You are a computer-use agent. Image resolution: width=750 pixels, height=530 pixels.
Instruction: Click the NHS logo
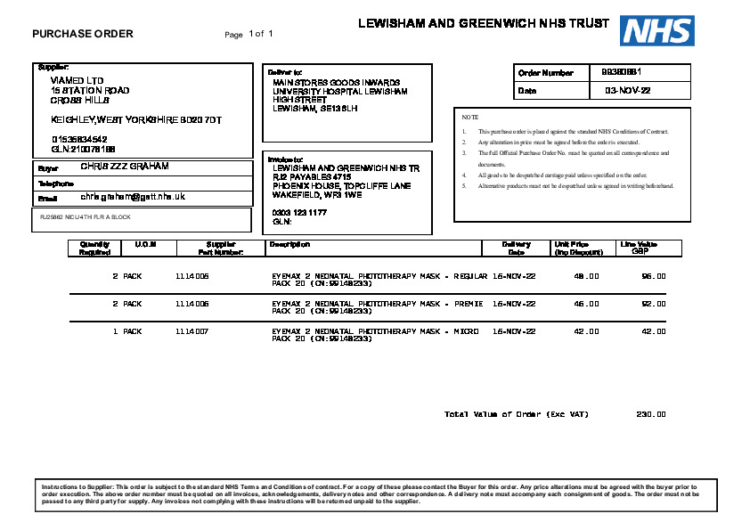click(x=657, y=30)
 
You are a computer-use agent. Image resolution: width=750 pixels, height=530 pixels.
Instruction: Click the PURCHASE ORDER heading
click(x=83, y=34)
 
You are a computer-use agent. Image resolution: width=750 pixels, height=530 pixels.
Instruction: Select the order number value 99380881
click(x=622, y=71)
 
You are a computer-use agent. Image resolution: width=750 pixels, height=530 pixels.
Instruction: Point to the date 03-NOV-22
click(x=628, y=91)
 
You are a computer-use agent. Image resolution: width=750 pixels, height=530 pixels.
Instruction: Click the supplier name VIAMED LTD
click(x=77, y=80)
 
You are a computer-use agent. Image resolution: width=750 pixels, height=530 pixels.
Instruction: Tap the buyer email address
click(x=133, y=196)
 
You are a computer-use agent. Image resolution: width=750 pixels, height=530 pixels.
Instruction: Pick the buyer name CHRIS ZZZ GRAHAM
click(x=125, y=167)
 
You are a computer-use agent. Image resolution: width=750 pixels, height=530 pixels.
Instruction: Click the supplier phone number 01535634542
click(x=79, y=139)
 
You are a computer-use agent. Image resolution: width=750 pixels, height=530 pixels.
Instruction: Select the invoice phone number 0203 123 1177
click(x=299, y=213)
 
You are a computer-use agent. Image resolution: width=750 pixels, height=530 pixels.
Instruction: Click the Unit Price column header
click(x=572, y=248)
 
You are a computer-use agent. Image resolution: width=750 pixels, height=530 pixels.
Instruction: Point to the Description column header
click(x=289, y=244)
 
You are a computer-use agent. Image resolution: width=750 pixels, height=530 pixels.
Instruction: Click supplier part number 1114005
click(x=192, y=277)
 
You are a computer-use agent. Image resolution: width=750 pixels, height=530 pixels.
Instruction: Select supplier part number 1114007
click(x=192, y=331)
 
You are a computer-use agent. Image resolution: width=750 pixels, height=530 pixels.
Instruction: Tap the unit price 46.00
click(x=586, y=304)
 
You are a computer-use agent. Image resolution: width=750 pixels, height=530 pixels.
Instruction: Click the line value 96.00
click(x=654, y=277)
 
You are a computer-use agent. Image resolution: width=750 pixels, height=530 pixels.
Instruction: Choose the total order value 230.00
click(x=651, y=414)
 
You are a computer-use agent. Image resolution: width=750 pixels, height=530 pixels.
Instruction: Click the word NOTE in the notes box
click(x=470, y=118)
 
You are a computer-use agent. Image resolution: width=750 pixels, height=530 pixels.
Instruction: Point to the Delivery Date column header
click(x=517, y=248)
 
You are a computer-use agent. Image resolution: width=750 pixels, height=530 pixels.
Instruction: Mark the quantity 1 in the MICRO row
click(x=115, y=331)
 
